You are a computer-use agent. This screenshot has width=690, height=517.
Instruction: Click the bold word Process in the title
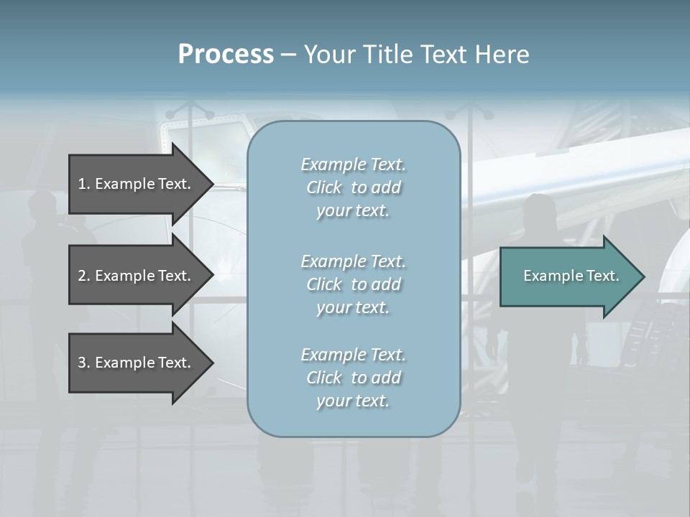tap(226, 55)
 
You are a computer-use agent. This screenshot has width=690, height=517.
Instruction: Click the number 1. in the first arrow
tap(84, 184)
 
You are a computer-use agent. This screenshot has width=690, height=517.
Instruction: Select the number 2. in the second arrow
tap(84, 276)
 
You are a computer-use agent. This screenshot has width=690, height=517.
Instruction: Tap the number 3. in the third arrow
tap(84, 363)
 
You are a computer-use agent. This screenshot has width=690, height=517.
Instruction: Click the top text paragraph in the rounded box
tap(353, 187)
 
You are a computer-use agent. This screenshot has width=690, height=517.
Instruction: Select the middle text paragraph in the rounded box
tap(353, 284)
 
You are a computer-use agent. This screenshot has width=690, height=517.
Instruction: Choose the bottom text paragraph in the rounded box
tap(353, 378)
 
